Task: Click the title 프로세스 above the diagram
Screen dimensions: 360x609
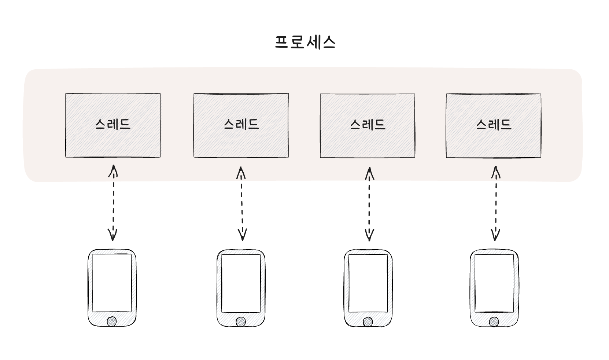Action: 305,42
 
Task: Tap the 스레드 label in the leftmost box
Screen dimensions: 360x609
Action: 113,124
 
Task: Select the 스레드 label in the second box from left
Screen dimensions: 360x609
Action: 241,124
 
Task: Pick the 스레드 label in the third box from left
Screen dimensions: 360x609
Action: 368,125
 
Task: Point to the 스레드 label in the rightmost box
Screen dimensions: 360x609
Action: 494,125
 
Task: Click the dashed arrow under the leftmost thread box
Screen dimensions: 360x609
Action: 113,203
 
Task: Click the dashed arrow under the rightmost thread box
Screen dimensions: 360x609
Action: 495,203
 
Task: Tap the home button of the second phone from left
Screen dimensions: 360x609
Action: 241,322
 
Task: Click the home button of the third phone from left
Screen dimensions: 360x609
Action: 368,322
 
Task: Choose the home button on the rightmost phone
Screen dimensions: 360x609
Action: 494,322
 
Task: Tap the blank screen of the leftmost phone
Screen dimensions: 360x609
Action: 112,283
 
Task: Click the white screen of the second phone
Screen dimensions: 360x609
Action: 241,283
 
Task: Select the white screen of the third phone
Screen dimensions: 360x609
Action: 368,283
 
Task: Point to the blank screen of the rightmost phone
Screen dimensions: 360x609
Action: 494,283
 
